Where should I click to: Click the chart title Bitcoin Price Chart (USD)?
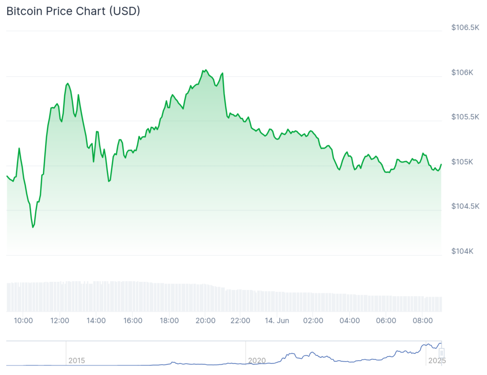[73, 11]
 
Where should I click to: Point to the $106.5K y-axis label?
[465, 28]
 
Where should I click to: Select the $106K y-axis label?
[462, 73]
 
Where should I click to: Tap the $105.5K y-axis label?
[465, 117]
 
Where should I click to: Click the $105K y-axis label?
[462, 162]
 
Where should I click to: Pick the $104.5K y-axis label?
[465, 206]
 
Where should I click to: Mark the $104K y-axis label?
[462, 251]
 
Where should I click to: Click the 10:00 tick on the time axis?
[24, 320]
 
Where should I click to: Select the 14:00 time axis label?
[96, 320]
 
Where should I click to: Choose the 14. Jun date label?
[276, 320]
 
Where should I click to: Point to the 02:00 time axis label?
[313, 320]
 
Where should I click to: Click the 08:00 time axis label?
[422, 320]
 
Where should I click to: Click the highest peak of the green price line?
[205, 70]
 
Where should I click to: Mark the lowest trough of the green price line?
[33, 227]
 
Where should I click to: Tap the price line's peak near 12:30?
[68, 84]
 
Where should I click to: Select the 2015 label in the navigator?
[77, 361]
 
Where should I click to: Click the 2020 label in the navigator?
[257, 361]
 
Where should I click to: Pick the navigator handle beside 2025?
[441, 353]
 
